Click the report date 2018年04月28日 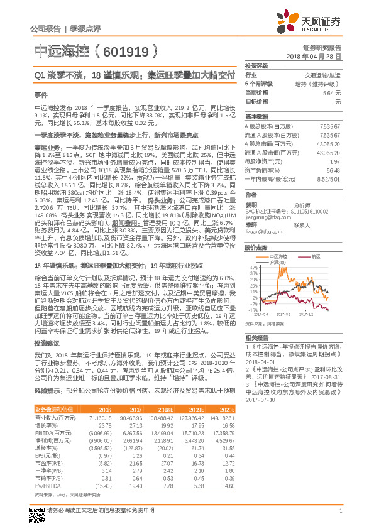click(319, 56)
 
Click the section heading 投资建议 click(45, 345)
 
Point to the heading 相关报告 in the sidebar click(255, 337)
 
